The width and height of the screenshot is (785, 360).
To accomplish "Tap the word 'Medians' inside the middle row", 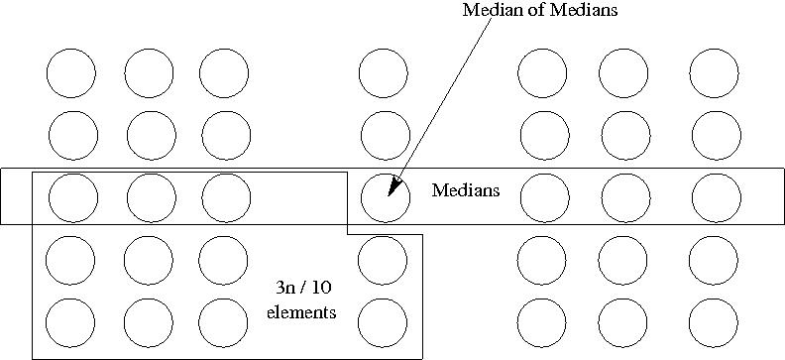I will pos(465,190).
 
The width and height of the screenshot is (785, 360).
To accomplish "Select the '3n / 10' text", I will pos(303,289).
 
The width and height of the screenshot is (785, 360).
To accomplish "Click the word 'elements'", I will pos(302,312).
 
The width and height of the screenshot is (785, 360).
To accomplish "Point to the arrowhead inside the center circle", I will pos(392,187).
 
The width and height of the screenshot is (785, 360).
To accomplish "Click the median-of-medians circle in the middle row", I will pos(385,197).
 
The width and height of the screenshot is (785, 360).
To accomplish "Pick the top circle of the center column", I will pos(384,73).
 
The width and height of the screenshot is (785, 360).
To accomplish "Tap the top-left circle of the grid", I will pos(71,73).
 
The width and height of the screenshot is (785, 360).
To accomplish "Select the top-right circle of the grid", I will pos(715,73).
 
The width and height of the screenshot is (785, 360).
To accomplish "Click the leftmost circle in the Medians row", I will pos(72,197).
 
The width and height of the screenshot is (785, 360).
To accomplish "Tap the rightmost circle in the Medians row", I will pos(716,197).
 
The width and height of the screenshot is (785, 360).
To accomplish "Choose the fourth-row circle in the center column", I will pos(383,260).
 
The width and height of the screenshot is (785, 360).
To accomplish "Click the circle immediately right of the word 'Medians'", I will pos(544,197).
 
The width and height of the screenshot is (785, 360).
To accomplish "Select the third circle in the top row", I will pos(224,73).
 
